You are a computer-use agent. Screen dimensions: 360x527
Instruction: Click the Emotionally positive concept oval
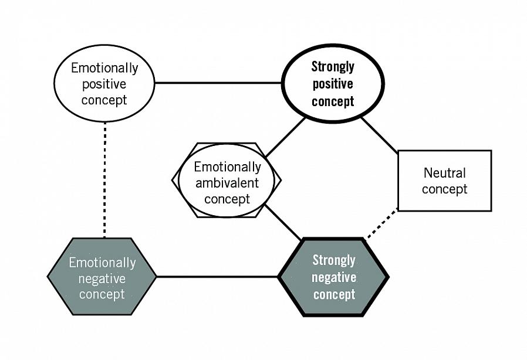pyautogui.click(x=104, y=83)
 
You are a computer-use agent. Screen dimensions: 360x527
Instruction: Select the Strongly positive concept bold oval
pyautogui.click(x=333, y=83)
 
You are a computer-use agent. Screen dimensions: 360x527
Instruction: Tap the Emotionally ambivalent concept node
pyautogui.click(x=227, y=181)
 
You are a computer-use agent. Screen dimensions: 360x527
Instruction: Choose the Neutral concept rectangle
pyautogui.click(x=444, y=181)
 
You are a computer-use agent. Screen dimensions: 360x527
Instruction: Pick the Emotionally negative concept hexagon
pyautogui.click(x=102, y=277)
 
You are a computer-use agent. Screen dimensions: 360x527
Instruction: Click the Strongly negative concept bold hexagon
pyautogui.click(x=333, y=277)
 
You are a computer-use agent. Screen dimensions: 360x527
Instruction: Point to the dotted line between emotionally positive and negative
pyautogui.click(x=104, y=179)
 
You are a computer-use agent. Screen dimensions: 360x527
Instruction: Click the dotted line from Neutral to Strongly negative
pyautogui.click(x=382, y=225)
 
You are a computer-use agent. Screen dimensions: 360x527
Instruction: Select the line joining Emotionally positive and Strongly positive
pyautogui.click(x=218, y=83)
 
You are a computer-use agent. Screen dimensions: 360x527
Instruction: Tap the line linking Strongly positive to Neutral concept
pyautogui.click(x=379, y=134)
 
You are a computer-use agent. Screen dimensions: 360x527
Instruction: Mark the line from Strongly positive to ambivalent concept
pyautogui.click(x=285, y=137)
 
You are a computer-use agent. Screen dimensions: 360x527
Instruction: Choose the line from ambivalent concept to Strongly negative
pyautogui.click(x=283, y=222)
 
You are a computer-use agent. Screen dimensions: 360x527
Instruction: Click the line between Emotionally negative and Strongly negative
pyautogui.click(x=217, y=276)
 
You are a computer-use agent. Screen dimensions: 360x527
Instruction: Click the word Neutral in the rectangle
pyautogui.click(x=444, y=173)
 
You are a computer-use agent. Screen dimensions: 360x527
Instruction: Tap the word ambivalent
pyautogui.click(x=227, y=182)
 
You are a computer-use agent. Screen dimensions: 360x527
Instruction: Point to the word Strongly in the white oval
pyautogui.click(x=333, y=66)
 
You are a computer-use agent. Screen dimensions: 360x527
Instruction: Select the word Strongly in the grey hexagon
pyautogui.click(x=333, y=260)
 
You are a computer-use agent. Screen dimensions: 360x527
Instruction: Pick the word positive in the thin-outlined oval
pyautogui.click(x=104, y=84)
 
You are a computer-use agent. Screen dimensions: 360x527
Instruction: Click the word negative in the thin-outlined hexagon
pyautogui.click(x=102, y=278)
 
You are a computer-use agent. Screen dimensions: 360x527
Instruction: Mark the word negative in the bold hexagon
pyautogui.click(x=333, y=277)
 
